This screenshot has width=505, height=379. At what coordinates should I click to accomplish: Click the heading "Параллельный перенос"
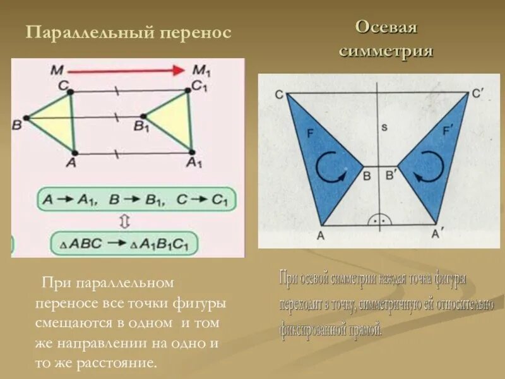(128, 32)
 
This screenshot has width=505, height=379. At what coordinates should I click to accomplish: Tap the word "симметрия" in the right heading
(386, 51)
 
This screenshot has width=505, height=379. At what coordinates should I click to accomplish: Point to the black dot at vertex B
(26, 117)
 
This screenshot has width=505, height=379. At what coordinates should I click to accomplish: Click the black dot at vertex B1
(144, 116)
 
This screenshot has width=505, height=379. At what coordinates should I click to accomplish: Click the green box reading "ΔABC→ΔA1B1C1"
(124, 243)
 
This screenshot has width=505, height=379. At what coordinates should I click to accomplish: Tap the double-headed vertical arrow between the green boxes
(124, 221)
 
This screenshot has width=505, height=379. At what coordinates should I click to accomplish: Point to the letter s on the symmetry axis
(384, 128)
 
